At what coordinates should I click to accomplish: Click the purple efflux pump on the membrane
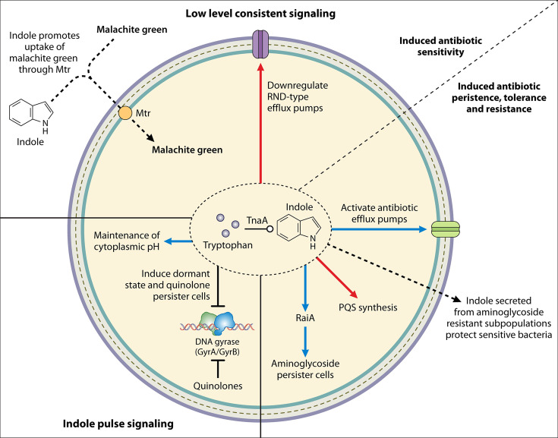point(261,45)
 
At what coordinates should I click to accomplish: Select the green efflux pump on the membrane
point(446,229)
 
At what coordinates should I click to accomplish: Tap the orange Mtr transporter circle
point(125,113)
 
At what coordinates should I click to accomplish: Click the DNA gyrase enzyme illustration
point(217,323)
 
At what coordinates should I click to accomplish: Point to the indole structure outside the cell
point(31,115)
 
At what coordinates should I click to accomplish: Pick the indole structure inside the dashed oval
point(299,232)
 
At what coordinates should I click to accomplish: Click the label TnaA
point(257,221)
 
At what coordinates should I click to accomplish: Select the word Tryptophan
point(228,245)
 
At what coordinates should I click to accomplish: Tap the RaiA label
point(305,318)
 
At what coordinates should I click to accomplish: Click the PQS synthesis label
point(368,307)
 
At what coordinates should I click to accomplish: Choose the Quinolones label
point(218,386)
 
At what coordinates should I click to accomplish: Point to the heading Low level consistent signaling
point(260,14)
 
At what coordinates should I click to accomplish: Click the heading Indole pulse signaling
point(118,424)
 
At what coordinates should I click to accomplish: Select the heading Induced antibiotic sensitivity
point(440,46)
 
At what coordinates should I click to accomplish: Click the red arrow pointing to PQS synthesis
point(336,277)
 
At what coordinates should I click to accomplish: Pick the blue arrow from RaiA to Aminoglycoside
point(305,342)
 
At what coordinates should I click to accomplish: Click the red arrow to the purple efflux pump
point(261,123)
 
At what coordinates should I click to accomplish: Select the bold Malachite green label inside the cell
point(188,150)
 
